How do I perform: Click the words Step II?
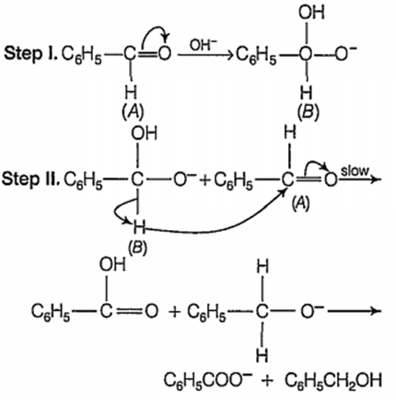[30, 179]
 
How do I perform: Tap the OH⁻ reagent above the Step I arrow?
[203, 46]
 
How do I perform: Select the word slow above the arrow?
[355, 170]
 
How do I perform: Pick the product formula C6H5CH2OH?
[333, 381]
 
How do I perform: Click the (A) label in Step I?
[133, 113]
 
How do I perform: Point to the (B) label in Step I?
[308, 113]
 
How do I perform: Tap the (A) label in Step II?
[300, 204]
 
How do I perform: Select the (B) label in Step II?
[137, 247]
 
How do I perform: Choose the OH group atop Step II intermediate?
[144, 133]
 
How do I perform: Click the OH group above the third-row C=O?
[112, 264]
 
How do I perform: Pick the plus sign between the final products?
[268, 381]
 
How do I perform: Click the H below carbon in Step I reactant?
[132, 93]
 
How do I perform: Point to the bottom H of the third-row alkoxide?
[262, 356]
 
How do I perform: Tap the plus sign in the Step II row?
[204, 180]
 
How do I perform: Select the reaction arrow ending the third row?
[355, 311]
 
